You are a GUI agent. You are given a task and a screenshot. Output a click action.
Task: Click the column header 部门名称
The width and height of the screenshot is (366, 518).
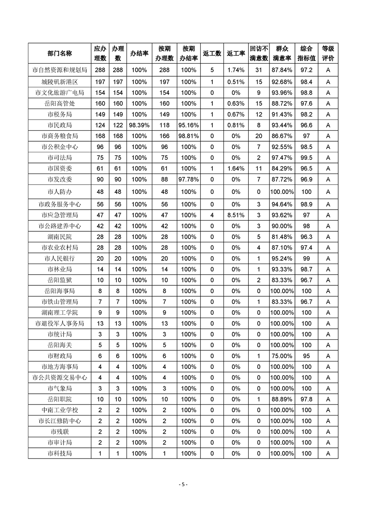click(x=60, y=54)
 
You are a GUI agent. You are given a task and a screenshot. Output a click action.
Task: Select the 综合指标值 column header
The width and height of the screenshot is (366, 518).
click(x=306, y=54)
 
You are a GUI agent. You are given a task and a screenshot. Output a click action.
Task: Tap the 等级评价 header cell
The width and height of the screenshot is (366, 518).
click(x=328, y=54)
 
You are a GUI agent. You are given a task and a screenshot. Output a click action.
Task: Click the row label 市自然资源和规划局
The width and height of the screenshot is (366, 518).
click(x=60, y=70)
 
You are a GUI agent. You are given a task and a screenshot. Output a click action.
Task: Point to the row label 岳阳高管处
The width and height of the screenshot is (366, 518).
click(x=60, y=103)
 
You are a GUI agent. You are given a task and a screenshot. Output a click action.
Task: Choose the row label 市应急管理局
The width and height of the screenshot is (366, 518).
click(x=60, y=215)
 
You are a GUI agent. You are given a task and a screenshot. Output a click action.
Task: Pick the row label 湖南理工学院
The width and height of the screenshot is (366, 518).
click(x=60, y=313)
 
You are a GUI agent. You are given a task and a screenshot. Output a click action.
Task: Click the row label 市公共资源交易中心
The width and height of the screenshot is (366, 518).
click(x=60, y=378)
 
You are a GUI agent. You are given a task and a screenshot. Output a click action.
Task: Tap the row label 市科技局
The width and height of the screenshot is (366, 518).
click(x=60, y=453)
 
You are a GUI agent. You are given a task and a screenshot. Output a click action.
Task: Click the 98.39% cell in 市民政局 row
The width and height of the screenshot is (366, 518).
click(x=139, y=125)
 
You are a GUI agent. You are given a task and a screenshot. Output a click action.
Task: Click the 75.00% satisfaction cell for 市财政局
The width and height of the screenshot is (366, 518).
click(x=282, y=356)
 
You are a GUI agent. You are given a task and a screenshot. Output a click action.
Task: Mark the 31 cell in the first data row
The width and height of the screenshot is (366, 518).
click(x=258, y=70)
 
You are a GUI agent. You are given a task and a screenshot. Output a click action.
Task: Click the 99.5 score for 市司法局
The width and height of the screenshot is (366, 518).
click(x=306, y=158)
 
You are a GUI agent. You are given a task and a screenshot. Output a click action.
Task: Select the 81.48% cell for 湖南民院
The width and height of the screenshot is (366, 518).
click(x=282, y=237)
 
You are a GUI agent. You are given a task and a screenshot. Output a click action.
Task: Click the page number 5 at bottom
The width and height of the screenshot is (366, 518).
click(x=183, y=484)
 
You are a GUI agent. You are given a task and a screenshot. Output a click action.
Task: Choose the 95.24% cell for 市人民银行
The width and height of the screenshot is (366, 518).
click(x=282, y=259)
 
